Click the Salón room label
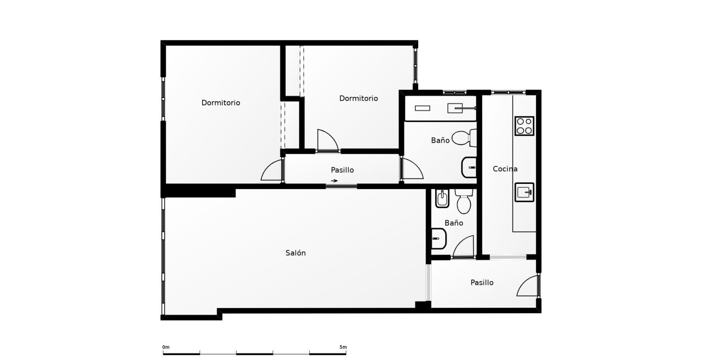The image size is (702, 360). [x=295, y=253]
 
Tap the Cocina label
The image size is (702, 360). [x=505, y=169]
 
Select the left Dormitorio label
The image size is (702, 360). [x=221, y=103]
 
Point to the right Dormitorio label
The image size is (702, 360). [x=359, y=99]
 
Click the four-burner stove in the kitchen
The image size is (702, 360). [x=524, y=126]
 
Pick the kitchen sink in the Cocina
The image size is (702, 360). [x=524, y=192]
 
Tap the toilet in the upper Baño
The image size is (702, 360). [x=464, y=138]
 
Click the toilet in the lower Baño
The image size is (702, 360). [x=464, y=201]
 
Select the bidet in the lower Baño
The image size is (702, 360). [x=442, y=198]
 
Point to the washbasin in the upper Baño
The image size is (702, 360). [x=469, y=167]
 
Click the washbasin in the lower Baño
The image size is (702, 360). [x=439, y=239]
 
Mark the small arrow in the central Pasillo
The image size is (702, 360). [x=334, y=181]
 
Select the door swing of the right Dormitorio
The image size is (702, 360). [x=328, y=140]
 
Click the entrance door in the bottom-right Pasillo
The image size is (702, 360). [x=528, y=285]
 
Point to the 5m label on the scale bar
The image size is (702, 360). [x=343, y=347]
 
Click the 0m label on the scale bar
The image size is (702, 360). [x=166, y=347]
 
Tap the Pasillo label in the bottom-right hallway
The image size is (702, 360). [x=482, y=282]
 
